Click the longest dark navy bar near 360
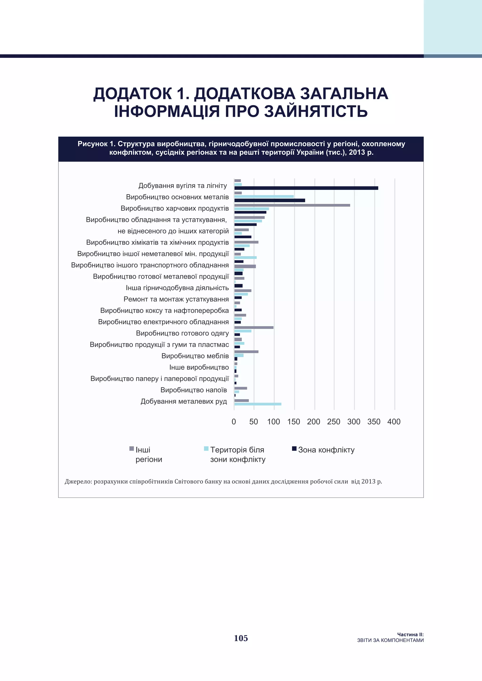tap(306, 188)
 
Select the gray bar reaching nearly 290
tap(292, 205)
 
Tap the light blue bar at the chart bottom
tap(258, 404)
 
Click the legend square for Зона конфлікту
tap(294, 448)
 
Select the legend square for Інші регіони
tap(132, 448)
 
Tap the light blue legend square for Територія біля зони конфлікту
tap(206, 448)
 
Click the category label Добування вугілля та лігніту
tap(183, 186)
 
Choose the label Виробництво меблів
tap(195, 356)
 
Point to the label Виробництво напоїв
tap(193, 390)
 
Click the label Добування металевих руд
tap(184, 401)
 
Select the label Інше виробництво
tap(199, 367)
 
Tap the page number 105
tap(241, 638)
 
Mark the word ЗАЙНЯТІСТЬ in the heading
tap(316, 111)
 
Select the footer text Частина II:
tap(410, 634)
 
